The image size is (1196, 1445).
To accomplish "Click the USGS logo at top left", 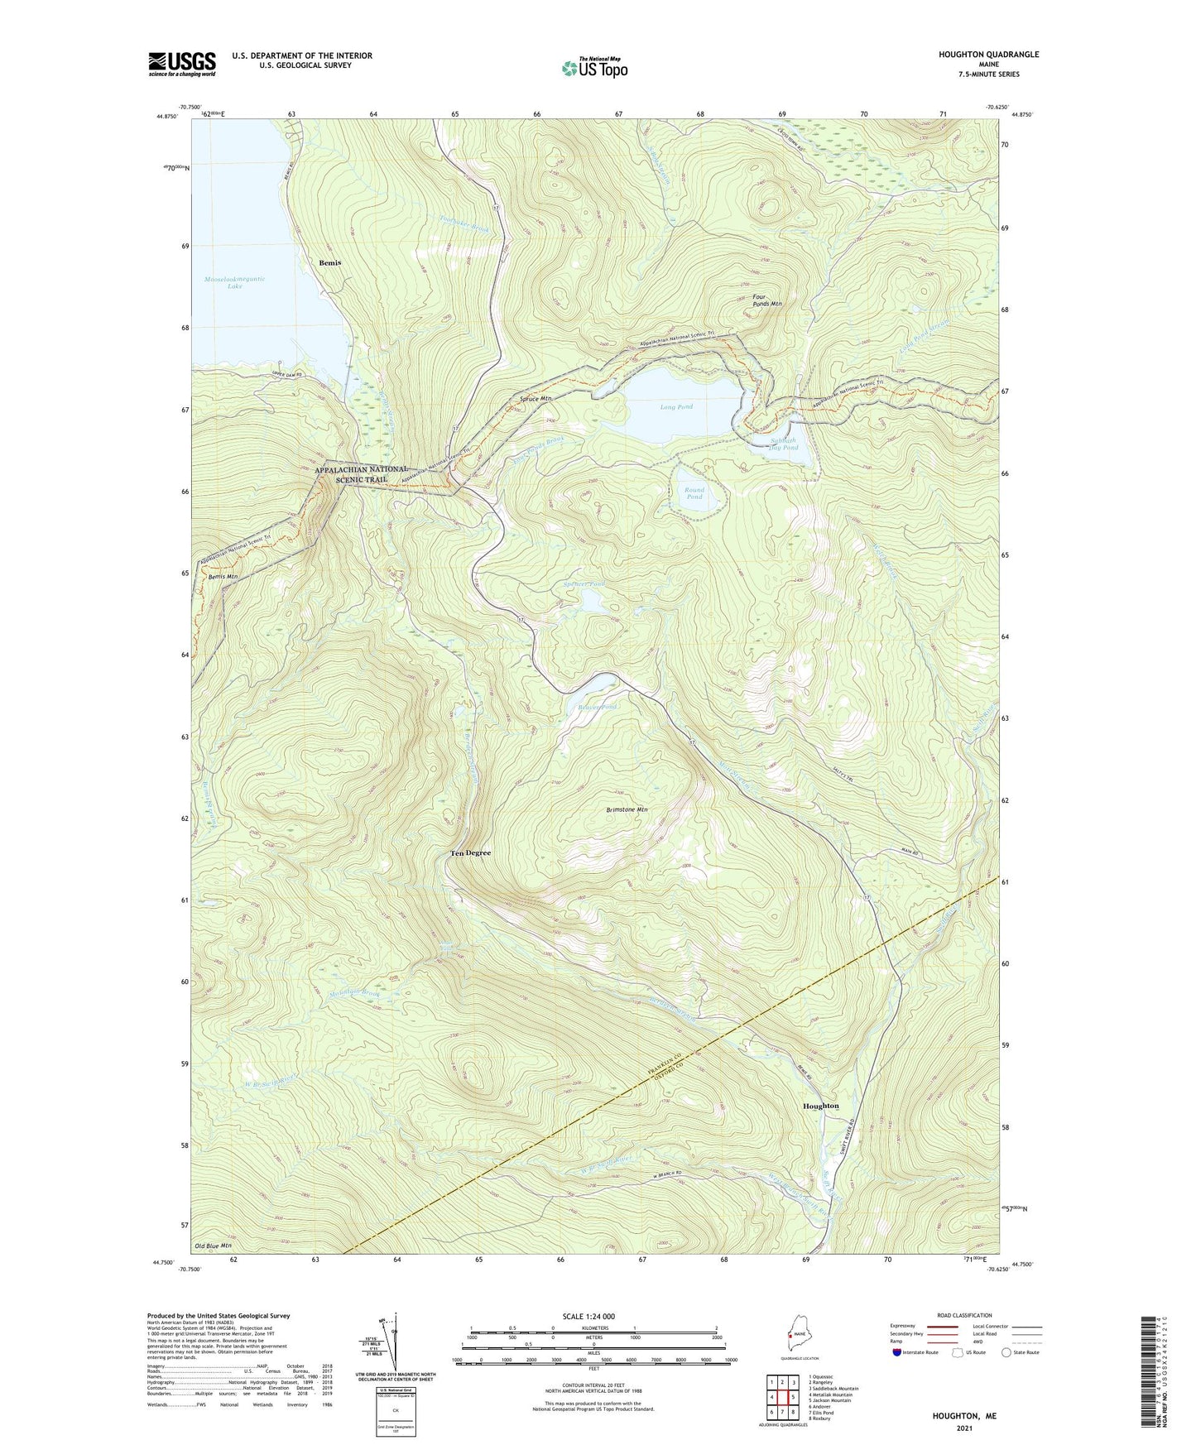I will (x=182, y=64).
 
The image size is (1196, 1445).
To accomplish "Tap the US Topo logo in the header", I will (x=594, y=68).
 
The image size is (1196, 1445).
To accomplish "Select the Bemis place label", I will (x=330, y=262).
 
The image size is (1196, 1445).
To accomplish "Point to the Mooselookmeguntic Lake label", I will (x=235, y=282).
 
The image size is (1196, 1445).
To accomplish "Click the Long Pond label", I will (x=676, y=407).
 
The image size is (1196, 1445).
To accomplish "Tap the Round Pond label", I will (x=694, y=493).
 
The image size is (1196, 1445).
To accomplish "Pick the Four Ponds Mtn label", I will (x=766, y=300).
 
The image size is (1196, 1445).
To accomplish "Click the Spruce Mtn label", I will (x=536, y=399).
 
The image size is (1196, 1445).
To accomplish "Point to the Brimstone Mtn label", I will (x=627, y=809).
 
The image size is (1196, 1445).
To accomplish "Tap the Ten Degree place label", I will (x=470, y=852).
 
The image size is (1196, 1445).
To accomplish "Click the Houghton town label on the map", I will (x=820, y=1106).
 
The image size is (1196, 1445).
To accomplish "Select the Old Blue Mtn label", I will (x=213, y=1246).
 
